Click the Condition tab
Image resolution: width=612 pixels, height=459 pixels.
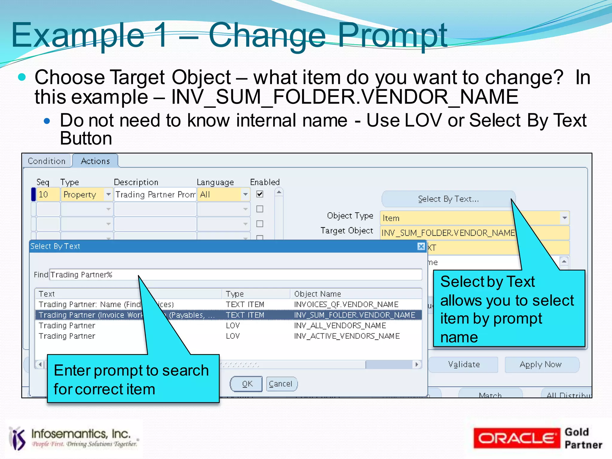[47, 161]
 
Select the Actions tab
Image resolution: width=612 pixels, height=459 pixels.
[95, 161]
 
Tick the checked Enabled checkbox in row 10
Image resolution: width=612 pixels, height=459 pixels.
[260, 194]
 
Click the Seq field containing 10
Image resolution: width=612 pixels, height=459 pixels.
[48, 195]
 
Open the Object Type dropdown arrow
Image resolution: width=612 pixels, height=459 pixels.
[564, 218]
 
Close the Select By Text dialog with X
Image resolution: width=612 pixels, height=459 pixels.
[421, 246]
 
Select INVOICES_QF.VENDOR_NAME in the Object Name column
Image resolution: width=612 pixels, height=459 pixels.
[346, 305]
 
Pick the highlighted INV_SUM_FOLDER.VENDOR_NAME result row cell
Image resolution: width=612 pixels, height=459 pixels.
[354, 315]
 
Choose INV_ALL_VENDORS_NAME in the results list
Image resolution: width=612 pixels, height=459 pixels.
[340, 326]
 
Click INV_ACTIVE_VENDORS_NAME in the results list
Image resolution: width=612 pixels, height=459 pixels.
[347, 336]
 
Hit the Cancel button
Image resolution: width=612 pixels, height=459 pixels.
[281, 384]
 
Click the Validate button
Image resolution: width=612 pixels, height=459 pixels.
[464, 365]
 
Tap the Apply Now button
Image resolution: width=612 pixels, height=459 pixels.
[541, 365]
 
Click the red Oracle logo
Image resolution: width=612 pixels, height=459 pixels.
[516, 438]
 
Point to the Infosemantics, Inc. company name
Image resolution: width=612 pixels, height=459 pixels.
[81, 434]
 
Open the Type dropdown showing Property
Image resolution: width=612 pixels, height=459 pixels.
[108, 195]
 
